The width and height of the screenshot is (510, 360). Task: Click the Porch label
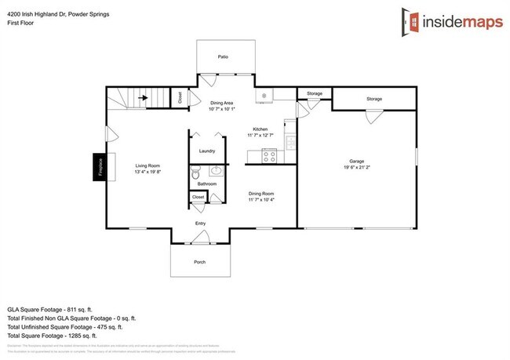coord(200,262)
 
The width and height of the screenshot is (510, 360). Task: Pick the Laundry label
coord(207,151)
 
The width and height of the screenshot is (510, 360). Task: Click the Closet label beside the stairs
coord(180,98)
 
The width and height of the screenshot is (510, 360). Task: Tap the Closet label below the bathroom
coord(198,197)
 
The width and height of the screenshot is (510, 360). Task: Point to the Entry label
coord(200,224)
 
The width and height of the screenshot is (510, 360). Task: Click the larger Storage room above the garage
coord(373,99)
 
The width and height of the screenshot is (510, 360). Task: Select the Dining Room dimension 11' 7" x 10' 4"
coord(261,199)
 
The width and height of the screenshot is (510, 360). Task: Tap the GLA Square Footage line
coord(56,309)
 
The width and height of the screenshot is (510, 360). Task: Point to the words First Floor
coord(22,23)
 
